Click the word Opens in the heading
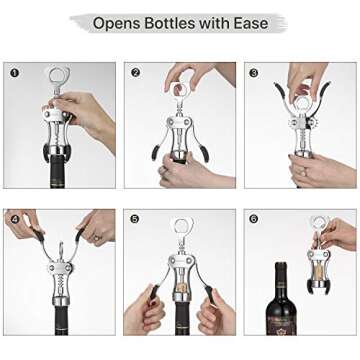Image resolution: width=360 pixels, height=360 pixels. tap(117, 22)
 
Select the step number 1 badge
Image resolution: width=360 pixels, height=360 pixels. tap(14, 72)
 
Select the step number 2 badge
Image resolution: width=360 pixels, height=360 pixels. tap(135, 72)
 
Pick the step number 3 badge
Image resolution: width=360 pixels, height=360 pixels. tap(255, 72)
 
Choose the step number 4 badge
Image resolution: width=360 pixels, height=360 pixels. tap(14, 219)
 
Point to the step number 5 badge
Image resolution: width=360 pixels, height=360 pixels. tap(135, 219)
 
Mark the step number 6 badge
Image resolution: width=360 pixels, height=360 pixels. tap(255, 219)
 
